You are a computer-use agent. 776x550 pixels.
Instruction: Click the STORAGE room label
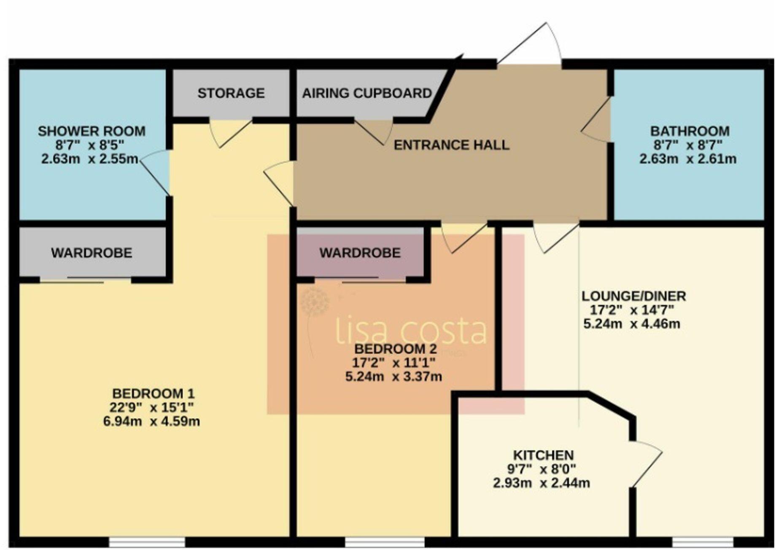tap(231, 93)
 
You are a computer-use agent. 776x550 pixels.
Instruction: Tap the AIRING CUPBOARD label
tap(367, 93)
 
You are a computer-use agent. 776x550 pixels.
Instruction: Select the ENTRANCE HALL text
tap(451, 145)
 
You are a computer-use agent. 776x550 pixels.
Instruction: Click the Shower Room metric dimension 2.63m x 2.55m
tap(90, 159)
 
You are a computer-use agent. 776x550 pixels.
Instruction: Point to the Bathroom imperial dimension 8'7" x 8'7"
tap(688, 145)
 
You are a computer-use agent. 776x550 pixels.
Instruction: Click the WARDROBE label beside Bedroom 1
tap(92, 253)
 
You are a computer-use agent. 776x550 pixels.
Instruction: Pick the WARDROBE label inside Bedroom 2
tap(360, 253)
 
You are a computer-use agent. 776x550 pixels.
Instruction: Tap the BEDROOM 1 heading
tap(153, 394)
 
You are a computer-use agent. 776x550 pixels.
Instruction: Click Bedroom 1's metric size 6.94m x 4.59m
tap(151, 421)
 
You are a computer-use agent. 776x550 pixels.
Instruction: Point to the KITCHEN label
tap(543, 455)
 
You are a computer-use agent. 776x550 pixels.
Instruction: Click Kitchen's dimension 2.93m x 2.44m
tap(542, 483)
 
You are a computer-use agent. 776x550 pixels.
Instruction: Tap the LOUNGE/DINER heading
tap(633, 296)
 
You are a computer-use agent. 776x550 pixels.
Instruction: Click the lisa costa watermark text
tap(411, 331)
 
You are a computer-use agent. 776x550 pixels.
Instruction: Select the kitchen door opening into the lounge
tap(647, 464)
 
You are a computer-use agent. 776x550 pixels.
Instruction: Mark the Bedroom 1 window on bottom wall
tap(147, 542)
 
